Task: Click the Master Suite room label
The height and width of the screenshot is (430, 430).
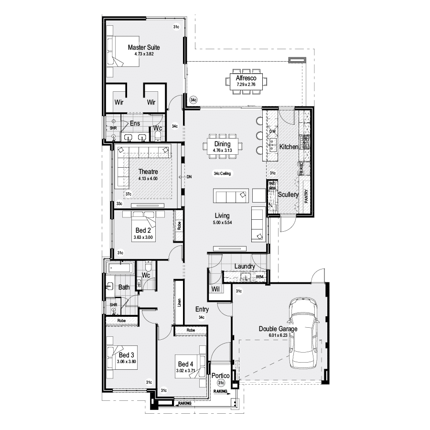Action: [143, 48]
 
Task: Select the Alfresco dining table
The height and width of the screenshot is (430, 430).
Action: [247, 80]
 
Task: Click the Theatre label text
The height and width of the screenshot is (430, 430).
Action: [148, 172]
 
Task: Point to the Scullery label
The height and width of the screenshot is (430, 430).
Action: [288, 195]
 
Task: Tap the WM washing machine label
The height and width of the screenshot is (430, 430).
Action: [259, 277]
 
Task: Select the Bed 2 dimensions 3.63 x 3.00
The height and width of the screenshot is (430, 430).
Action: [143, 237]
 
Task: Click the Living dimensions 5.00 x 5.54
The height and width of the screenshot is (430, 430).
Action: [222, 223]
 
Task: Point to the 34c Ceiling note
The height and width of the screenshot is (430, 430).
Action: [222, 173]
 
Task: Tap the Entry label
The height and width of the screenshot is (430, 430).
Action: [202, 310]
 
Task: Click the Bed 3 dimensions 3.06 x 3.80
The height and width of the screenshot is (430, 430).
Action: [126, 362]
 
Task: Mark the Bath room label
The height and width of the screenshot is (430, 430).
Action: [124, 288]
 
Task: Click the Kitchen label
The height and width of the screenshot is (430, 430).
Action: [289, 147]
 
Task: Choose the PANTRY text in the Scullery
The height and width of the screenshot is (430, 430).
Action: [306, 196]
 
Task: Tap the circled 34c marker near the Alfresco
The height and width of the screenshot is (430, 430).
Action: [193, 100]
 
